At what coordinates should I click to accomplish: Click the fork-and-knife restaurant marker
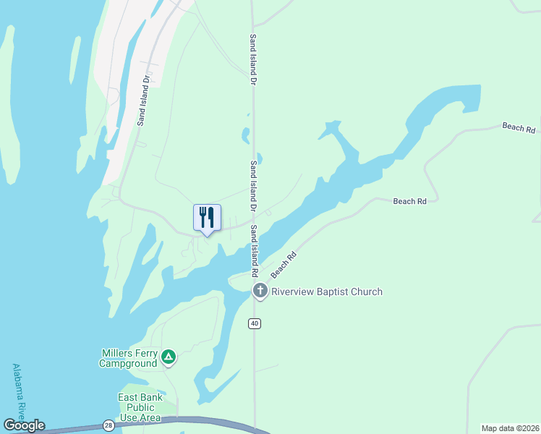tap(207, 218)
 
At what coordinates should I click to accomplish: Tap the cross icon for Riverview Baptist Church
tap(260, 292)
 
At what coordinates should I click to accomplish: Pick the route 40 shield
tap(255, 323)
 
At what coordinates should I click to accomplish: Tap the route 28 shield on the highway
tap(108, 425)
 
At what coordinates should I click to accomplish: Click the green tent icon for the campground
tap(168, 357)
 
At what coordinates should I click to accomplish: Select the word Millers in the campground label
tap(118, 353)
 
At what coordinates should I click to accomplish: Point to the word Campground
tap(128, 363)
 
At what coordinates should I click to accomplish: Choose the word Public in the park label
tap(140, 408)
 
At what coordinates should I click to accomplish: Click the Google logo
tap(24, 425)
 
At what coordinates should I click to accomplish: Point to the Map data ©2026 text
tap(511, 428)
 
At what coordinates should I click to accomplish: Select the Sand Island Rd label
tap(254, 251)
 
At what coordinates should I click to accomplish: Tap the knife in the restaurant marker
tap(210, 216)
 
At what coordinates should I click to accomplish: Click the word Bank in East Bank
tap(153, 398)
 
